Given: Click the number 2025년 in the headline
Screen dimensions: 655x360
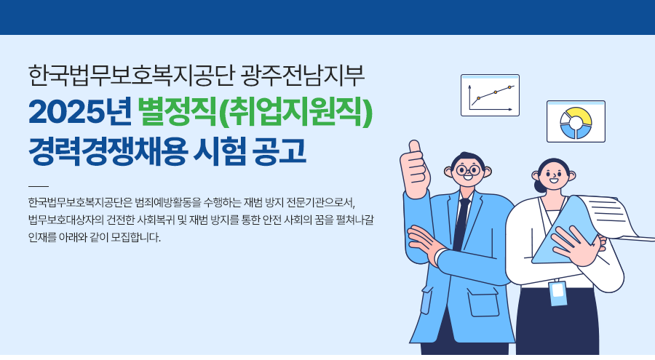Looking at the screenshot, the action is (x=80, y=112).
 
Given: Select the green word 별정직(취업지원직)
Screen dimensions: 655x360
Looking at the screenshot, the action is (x=255, y=112).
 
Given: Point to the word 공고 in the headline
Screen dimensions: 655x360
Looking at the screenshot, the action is (x=279, y=151).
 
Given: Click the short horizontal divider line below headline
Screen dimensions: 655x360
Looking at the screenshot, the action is (x=39, y=186).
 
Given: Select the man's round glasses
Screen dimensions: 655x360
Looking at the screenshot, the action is (x=468, y=170).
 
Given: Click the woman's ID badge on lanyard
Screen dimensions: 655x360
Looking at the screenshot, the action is (x=558, y=293).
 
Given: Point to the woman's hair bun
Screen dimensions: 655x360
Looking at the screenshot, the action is (x=539, y=186).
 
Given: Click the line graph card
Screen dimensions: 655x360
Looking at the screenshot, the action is (x=490, y=95).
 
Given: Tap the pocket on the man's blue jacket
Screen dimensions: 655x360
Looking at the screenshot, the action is (x=483, y=303).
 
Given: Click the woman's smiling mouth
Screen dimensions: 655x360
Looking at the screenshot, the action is (x=554, y=181).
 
